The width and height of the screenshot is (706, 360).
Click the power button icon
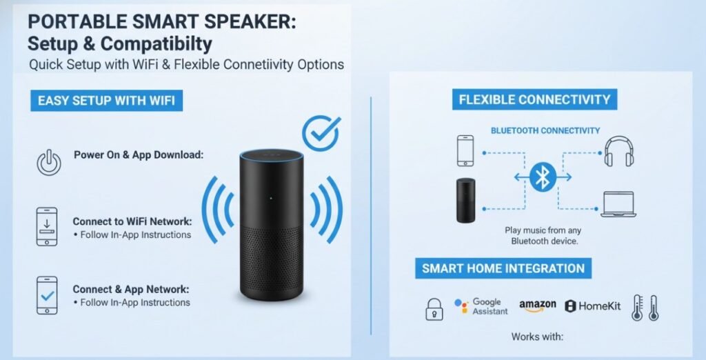click(48, 163)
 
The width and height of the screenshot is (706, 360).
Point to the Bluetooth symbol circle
click(543, 178)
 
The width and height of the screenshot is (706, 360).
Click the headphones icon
click(618, 151)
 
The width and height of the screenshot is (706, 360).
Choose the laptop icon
click(618, 205)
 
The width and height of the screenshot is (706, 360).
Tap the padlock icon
click(434, 308)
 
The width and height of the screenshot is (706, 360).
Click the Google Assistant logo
click(481, 307)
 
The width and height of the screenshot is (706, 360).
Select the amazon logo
click(538, 306)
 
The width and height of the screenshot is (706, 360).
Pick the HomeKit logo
click(594, 306)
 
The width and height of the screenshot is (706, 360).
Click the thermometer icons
click(645, 308)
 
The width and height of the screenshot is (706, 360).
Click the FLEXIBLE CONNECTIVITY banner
click(534, 99)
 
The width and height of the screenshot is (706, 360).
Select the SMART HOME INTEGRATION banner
click(503, 268)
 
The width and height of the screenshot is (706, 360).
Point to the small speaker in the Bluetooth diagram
click(466, 200)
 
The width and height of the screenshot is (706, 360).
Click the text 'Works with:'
click(537, 337)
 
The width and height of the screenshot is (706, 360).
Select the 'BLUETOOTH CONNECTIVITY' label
click(545, 130)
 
